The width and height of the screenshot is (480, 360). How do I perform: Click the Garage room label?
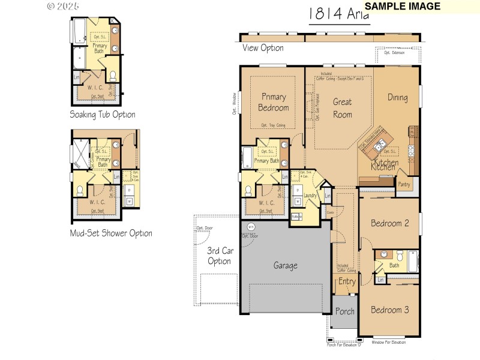click(x=286, y=265)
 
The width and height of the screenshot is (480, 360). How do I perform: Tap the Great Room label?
click(x=342, y=108)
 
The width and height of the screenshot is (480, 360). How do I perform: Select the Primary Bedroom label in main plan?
click(x=274, y=102)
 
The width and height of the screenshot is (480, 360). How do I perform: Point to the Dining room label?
click(x=397, y=97)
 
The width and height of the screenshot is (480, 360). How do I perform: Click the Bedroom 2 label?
click(x=389, y=223)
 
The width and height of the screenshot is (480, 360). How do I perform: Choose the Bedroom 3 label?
click(x=389, y=310)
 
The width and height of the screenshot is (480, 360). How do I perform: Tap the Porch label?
click(x=344, y=311)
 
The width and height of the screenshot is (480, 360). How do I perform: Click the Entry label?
click(x=347, y=281)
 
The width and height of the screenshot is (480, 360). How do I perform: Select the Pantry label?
click(x=404, y=185)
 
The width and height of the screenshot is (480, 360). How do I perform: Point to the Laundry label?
click(x=310, y=196)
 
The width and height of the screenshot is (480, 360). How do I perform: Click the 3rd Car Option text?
click(x=219, y=256)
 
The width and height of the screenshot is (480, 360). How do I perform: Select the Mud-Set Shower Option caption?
click(x=111, y=233)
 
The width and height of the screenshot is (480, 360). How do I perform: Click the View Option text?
click(x=263, y=48)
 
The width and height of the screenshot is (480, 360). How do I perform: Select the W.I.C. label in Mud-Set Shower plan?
click(x=98, y=202)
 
